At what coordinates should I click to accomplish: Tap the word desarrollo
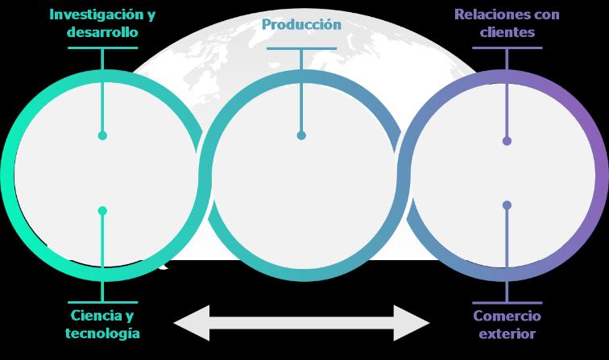click(102, 33)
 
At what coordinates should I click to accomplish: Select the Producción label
click(301, 24)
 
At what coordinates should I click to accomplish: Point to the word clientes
click(507, 33)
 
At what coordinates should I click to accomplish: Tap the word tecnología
click(102, 333)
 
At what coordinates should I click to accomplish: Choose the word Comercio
click(507, 315)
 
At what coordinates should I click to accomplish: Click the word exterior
click(507, 333)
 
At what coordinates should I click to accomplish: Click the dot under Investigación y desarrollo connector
click(102, 135)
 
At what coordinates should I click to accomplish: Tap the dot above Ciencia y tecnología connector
click(102, 211)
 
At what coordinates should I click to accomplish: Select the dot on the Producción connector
click(301, 135)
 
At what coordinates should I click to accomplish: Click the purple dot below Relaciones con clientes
click(507, 141)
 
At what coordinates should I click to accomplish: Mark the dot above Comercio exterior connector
click(507, 205)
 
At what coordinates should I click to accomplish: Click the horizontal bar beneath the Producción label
click(301, 48)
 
